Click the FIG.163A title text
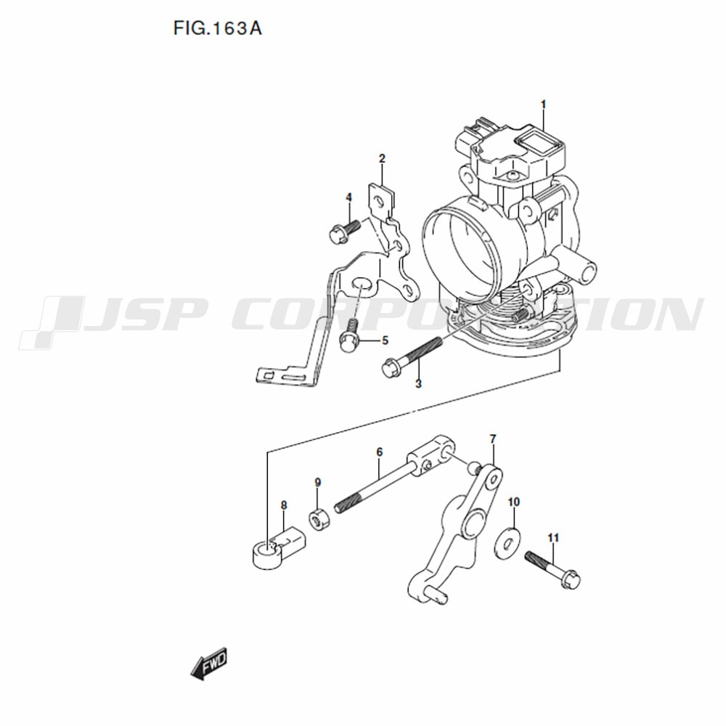218,29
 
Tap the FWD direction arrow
209,664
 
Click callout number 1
544,105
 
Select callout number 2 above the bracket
382,159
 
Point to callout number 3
418,384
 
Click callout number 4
348,197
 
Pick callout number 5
385,340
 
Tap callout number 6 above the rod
380,452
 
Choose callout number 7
493,438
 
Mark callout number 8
284,505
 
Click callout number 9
318,483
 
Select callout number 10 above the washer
514,502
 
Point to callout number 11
552,537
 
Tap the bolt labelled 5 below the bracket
350,335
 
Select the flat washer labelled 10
507,542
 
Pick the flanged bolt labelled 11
552,569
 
